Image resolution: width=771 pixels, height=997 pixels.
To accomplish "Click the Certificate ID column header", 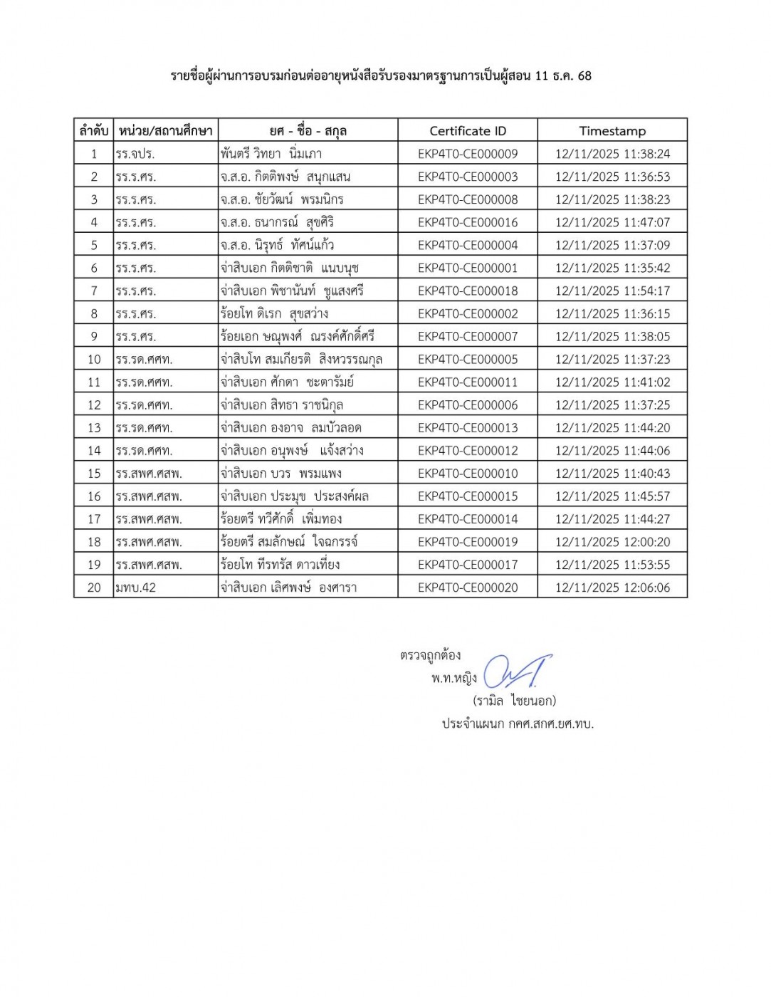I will click(468, 131).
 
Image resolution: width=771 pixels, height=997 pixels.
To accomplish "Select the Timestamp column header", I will click(612, 131).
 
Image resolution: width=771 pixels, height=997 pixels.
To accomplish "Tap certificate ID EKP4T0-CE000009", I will click(468, 154).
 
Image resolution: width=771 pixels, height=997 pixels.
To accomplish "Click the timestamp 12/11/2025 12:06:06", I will click(612, 588).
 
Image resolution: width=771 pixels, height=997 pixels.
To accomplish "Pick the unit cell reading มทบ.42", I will click(136, 588).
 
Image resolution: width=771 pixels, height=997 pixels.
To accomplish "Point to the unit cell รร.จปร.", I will click(135, 154).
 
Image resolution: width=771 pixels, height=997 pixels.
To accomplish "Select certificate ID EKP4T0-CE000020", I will click(468, 588).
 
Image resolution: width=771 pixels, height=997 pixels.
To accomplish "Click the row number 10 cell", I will click(94, 360).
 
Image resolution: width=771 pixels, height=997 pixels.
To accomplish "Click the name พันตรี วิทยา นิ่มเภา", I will click(271, 154).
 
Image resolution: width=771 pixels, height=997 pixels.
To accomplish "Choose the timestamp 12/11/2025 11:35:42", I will click(612, 268).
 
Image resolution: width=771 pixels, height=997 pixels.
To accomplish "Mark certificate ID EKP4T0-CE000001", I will click(468, 268).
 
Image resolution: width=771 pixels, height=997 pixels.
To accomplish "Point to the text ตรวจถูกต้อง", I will click(430, 655).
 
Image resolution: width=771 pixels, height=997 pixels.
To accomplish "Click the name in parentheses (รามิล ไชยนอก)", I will click(514, 701).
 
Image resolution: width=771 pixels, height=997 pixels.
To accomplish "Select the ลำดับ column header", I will click(94, 131).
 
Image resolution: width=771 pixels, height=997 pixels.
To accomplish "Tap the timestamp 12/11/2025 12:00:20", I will click(612, 542).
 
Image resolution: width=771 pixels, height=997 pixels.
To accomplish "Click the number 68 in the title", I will click(584, 75).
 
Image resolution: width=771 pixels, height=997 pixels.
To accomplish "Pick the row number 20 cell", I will click(94, 588).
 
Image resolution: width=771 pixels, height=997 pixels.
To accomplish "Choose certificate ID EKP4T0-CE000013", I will click(468, 428).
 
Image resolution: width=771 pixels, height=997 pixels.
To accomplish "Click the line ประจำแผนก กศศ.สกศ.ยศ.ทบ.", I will click(518, 724).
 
